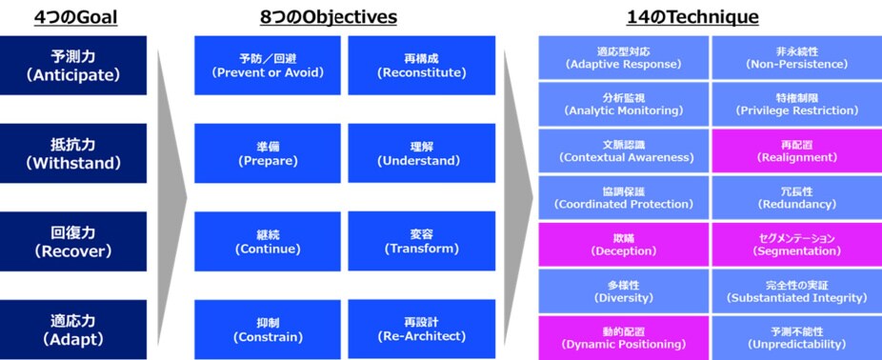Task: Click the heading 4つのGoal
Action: tap(74, 16)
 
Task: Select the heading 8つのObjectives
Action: tap(329, 16)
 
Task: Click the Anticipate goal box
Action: tap(73, 65)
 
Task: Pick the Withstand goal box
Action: tap(73, 152)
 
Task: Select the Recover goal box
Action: tap(73, 241)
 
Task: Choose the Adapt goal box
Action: tap(73, 330)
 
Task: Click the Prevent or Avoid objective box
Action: tap(268, 65)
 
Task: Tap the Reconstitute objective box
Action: tap(422, 65)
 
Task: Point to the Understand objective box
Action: tap(422, 153)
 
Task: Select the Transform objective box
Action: tap(422, 241)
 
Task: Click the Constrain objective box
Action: tap(268, 329)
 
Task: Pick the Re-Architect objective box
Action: tap(422, 329)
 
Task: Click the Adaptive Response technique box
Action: tap(623, 57)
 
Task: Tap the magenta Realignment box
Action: tap(796, 150)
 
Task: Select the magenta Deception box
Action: tap(623, 245)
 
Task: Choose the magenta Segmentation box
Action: tap(796, 245)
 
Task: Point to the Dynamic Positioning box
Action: tap(623, 337)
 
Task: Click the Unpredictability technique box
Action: tap(796, 337)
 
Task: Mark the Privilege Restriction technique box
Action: tap(796, 104)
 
